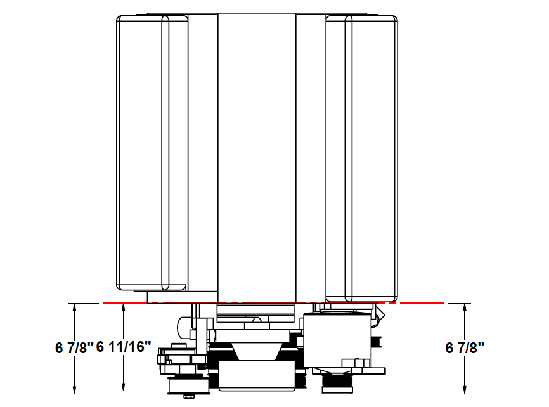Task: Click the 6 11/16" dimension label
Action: [x=124, y=347]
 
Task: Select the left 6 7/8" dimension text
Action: [x=74, y=347]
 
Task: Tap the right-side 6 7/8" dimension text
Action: [x=465, y=347]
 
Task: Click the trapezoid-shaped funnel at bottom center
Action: [x=257, y=351]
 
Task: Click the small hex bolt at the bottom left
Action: [x=187, y=397]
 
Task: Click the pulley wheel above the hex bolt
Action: [x=188, y=385]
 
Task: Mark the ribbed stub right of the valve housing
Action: [x=377, y=342]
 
